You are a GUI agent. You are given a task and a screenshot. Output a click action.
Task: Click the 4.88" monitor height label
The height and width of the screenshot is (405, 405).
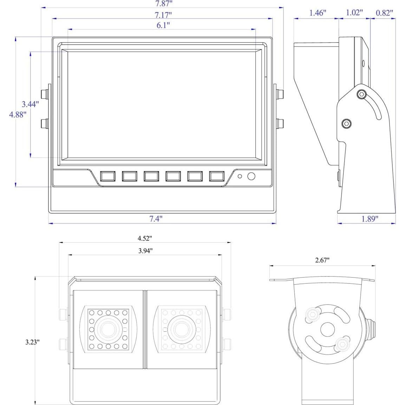[18, 115]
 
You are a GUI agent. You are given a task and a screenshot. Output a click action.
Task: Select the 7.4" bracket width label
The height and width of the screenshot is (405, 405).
[156, 219]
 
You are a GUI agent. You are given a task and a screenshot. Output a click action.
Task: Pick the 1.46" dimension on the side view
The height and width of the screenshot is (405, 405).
[318, 13]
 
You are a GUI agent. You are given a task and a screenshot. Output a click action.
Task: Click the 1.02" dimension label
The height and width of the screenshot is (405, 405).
[354, 13]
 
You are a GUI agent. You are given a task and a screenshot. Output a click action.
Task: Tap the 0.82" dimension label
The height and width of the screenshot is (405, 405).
[384, 13]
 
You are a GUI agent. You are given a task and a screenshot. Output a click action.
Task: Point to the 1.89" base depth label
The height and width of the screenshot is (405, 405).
[370, 219]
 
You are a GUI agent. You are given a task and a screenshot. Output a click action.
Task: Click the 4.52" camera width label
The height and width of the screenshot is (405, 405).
[145, 238]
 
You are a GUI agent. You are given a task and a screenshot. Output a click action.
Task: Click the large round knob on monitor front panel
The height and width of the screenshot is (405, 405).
[251, 176]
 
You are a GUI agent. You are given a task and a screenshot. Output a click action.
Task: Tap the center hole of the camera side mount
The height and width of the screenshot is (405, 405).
[327, 329]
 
